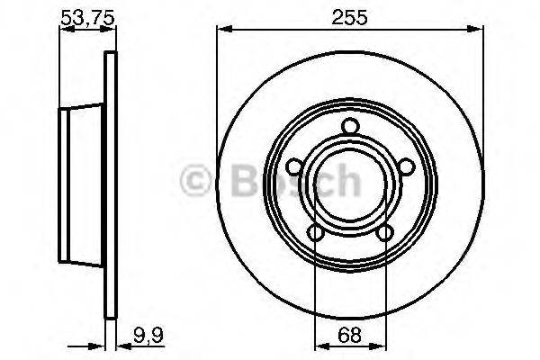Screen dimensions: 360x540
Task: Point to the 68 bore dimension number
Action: coord(350,337)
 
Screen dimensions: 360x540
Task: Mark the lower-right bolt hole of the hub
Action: coord(385,234)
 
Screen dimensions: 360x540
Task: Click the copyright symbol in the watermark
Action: coord(196,181)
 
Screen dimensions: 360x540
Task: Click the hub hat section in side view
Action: coord(81,184)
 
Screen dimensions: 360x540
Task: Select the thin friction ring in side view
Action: coord(112,184)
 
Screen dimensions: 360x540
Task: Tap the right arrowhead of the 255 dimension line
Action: coord(479,30)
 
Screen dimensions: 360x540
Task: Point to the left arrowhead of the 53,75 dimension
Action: coord(64,30)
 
